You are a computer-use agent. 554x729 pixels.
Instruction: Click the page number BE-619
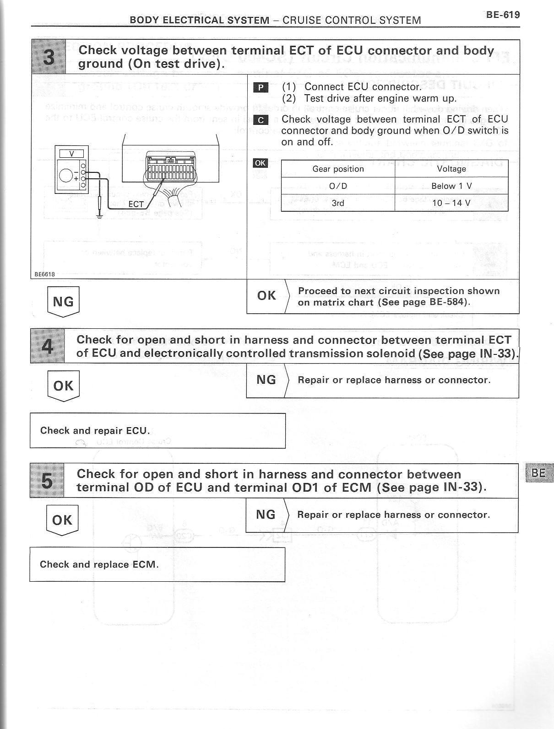point(503,15)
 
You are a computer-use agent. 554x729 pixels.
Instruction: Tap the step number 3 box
point(49,57)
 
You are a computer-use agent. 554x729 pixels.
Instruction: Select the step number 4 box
point(47,346)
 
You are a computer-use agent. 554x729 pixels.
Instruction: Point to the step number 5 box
point(47,480)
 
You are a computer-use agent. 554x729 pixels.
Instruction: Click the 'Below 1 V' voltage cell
point(451,186)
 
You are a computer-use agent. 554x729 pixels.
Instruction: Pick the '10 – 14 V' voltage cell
point(451,203)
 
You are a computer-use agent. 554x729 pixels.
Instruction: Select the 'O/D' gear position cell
point(338,186)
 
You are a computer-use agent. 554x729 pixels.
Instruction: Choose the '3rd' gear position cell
point(338,203)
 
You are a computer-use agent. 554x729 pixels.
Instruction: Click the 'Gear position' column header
point(338,169)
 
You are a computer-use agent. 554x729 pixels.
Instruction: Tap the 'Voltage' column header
point(451,169)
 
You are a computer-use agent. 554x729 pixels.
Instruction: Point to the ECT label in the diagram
point(136,204)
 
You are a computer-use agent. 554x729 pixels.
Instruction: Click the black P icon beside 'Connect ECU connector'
point(261,87)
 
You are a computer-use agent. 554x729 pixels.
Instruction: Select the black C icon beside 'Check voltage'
point(261,120)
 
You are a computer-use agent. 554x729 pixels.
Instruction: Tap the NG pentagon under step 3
point(63,301)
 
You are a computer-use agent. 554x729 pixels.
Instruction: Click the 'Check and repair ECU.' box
point(158,430)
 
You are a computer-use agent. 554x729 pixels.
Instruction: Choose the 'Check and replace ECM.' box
point(157,564)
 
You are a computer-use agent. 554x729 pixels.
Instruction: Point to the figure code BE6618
point(44,274)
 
